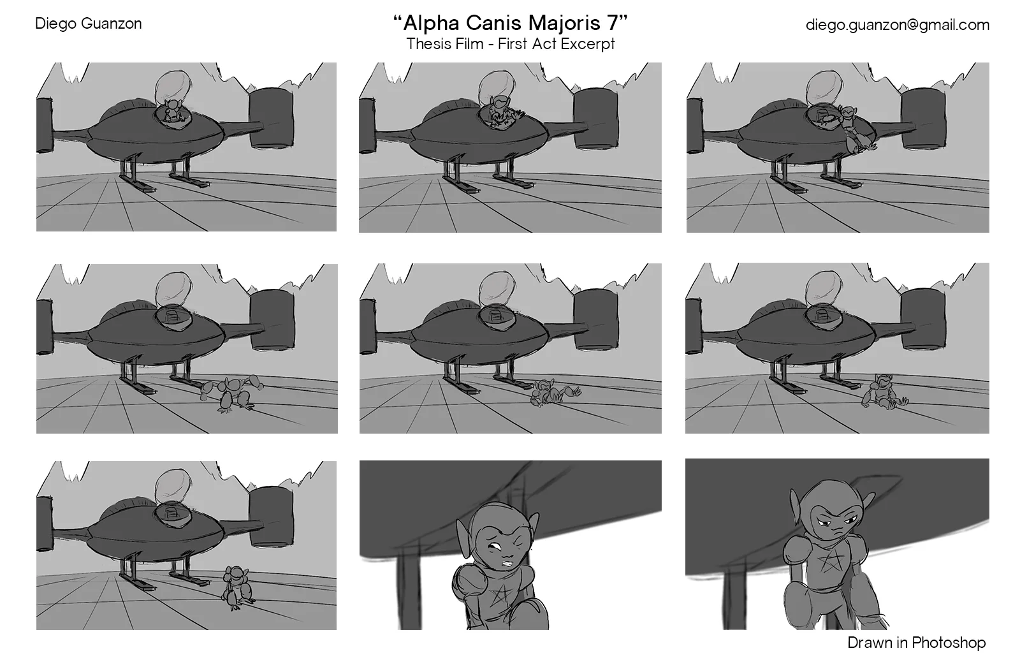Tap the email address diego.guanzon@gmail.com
tap(897, 25)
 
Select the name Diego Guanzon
tap(88, 24)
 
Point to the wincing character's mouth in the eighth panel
tap(507, 563)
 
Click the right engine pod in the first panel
tap(272, 119)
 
